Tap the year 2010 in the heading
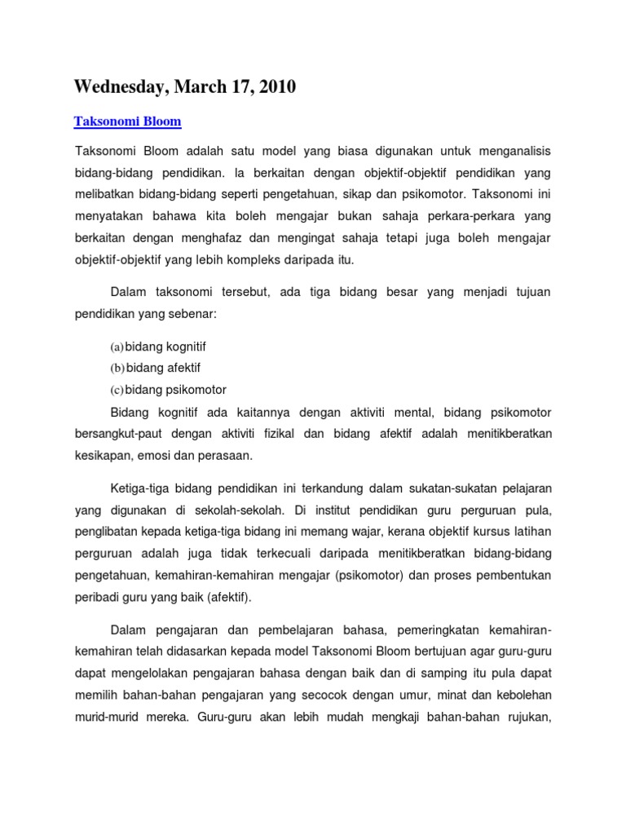click(273, 87)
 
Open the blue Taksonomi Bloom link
click(127, 121)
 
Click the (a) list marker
click(117, 347)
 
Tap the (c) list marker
click(117, 390)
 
